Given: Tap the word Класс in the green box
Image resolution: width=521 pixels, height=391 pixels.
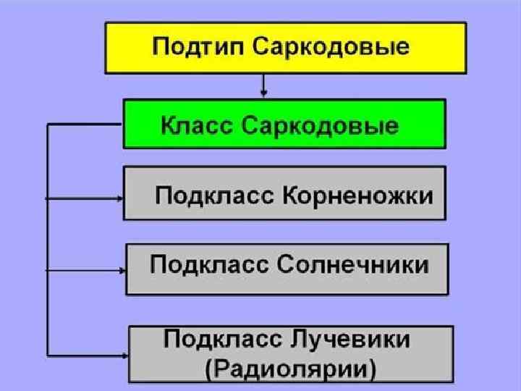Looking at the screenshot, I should coord(195,126).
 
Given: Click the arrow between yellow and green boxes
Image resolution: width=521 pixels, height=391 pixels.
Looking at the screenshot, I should coord(264,86).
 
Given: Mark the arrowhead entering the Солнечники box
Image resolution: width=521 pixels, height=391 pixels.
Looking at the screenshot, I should coord(122,270).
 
